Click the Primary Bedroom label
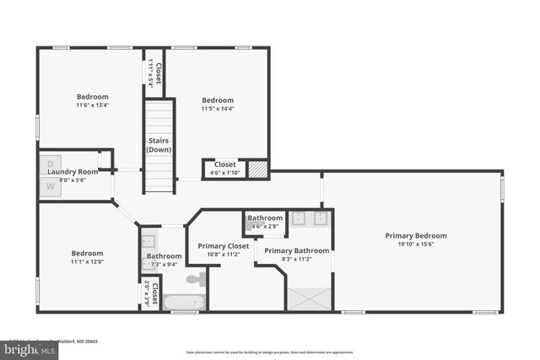416,235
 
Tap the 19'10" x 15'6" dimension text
416,244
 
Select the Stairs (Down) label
159,145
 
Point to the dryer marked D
50,162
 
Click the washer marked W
50,185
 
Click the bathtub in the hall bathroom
182,302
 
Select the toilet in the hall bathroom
195,278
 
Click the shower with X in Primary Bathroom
309,298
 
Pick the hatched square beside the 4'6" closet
259,167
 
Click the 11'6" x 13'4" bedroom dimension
93,105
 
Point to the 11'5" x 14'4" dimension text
217,109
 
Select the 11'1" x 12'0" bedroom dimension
86,261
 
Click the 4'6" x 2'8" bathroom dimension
265,226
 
